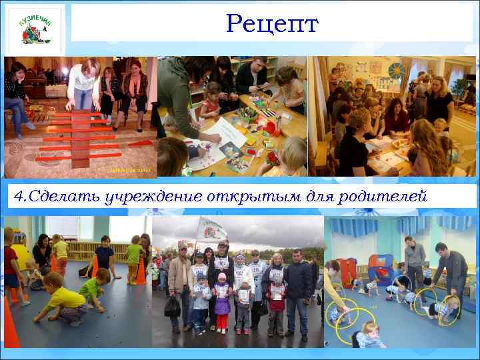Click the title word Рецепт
tap(273, 24)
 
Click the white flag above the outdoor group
tap(212, 230)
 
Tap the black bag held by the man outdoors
tap(173, 306)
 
